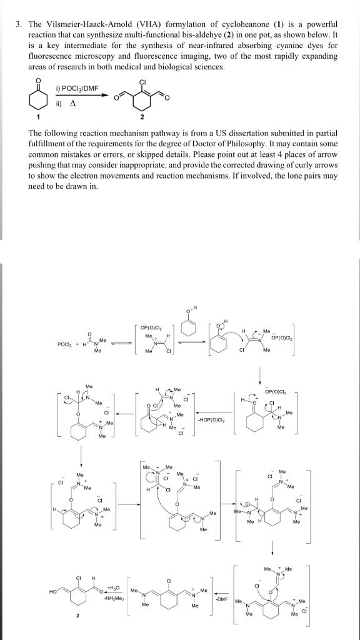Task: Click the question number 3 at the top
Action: (20, 24)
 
